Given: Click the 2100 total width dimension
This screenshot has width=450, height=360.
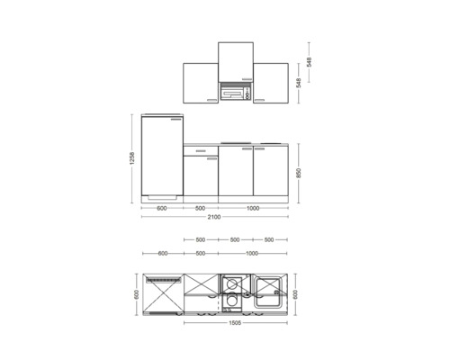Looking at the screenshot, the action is (x=214, y=217).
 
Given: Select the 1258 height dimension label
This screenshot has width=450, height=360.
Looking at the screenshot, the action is (x=132, y=158).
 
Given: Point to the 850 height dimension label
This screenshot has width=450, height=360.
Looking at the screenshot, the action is (x=299, y=174).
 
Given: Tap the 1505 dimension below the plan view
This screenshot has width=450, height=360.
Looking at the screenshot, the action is (x=235, y=323).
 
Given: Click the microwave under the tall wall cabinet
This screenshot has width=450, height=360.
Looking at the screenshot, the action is (x=236, y=92).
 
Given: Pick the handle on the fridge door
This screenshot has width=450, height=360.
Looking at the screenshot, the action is (x=176, y=120).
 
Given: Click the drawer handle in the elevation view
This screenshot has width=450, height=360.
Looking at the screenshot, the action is (x=201, y=150).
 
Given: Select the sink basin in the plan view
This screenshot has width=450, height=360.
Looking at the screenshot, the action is (x=268, y=292).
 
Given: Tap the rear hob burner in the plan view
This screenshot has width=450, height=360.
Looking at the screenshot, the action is (x=231, y=283).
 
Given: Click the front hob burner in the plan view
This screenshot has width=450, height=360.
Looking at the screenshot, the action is (x=231, y=300).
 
